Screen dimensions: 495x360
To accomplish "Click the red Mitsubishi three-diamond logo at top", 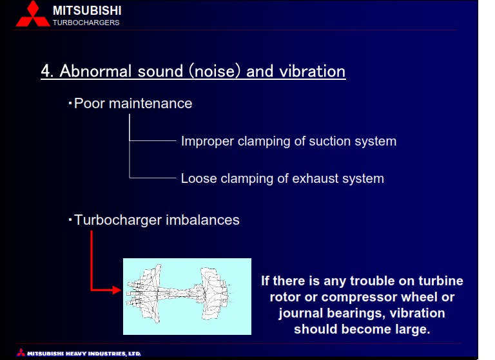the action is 33,14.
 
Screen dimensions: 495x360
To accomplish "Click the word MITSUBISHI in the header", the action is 87,10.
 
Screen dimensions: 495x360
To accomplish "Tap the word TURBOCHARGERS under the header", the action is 86,23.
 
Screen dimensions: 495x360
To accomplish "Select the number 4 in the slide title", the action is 47,71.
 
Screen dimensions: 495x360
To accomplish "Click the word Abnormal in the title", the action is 95,71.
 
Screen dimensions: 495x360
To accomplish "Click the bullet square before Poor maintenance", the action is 70,103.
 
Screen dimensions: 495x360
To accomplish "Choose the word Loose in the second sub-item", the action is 199,178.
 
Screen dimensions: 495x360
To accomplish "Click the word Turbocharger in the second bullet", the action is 118,220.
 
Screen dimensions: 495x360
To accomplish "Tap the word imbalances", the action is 202,220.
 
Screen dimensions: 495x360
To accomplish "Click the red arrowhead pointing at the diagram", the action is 116,290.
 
